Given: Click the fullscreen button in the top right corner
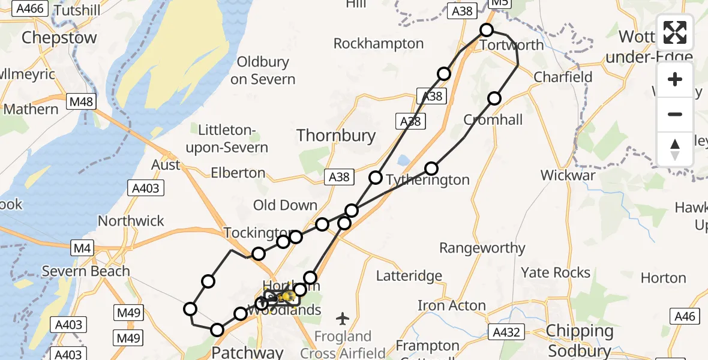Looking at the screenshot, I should pos(675,33).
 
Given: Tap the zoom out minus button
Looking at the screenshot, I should pos(675,114).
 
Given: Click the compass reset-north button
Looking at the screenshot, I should pos(675,149).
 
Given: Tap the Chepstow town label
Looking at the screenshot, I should pos(59,38).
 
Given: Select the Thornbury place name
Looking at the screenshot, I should pos(336,136).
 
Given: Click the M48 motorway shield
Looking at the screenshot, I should pos(81,102).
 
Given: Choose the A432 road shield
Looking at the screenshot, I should pos(506,332).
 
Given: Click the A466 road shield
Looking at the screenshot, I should pos(30,9).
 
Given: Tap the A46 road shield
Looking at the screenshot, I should pos(684,317).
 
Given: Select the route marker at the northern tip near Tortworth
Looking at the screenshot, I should pos(487,30).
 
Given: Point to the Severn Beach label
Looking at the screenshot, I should pos(86,271).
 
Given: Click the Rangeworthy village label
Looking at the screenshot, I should pos(482,248).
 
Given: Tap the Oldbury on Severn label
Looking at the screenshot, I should pos(263,70).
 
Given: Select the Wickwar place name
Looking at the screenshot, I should pos(568,175).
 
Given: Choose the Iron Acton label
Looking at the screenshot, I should pos(452,305).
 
